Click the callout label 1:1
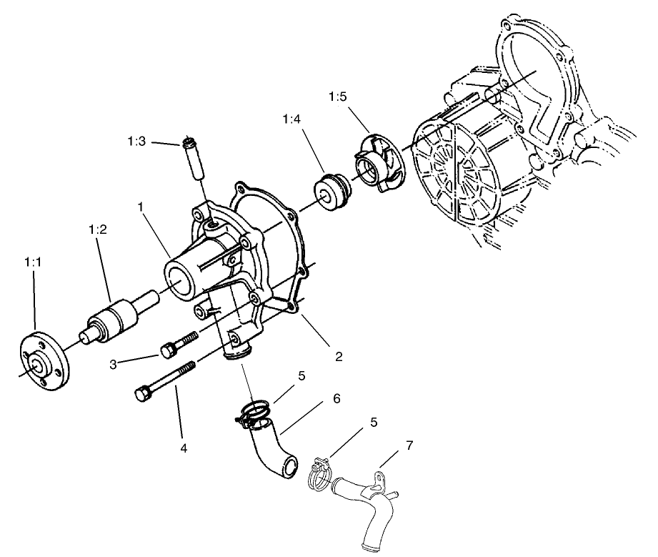(x=33, y=263)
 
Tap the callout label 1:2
(x=98, y=230)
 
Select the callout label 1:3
(x=137, y=142)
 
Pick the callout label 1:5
(x=339, y=96)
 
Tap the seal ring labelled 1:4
(x=331, y=192)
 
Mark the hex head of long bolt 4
(x=143, y=393)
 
